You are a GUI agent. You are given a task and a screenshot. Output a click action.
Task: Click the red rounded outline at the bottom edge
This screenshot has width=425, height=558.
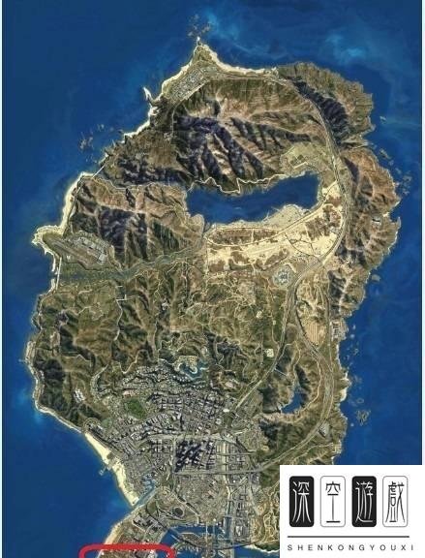click(x=126, y=551)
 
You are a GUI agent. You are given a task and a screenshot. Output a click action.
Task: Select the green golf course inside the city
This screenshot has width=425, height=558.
click(x=138, y=409)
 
